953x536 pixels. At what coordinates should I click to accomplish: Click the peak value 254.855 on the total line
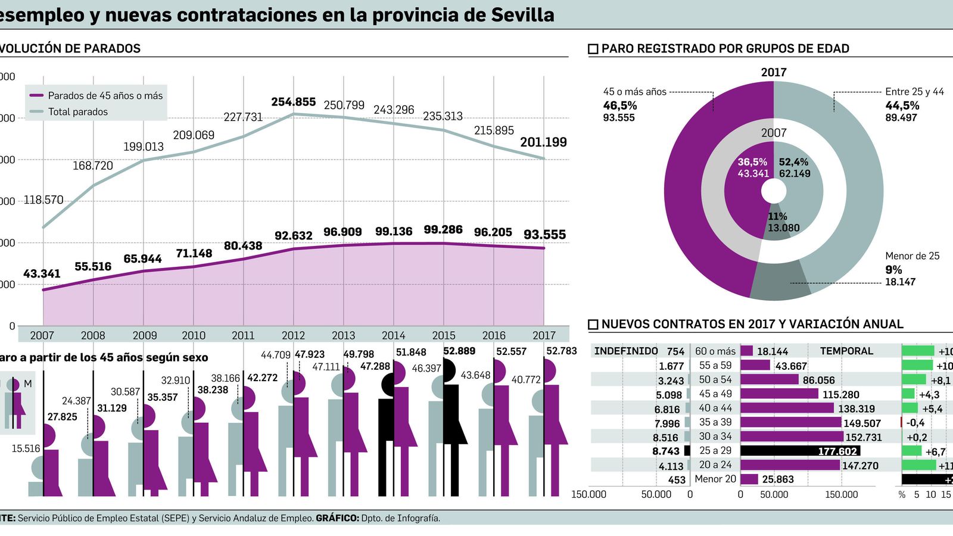[x=293, y=102]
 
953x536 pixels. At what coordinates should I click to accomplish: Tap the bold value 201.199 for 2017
[x=543, y=142]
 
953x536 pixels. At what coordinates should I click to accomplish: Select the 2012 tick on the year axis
[x=293, y=335]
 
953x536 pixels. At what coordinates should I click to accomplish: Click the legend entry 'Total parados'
[x=77, y=111]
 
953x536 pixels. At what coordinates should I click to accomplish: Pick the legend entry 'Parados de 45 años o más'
[x=105, y=95]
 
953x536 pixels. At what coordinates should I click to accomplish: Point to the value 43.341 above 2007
[x=42, y=274]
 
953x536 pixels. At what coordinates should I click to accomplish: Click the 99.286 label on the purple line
[x=443, y=230]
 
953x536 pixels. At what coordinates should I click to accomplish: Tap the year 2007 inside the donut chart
[x=773, y=133]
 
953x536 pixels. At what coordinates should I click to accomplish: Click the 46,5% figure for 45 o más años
[x=619, y=105]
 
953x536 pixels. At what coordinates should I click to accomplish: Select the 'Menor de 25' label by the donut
[x=912, y=256]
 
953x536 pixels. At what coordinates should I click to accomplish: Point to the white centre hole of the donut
[x=773, y=191]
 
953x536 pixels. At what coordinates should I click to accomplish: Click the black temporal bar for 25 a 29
[x=800, y=451]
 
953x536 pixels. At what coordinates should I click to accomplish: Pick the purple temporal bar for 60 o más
[x=747, y=351]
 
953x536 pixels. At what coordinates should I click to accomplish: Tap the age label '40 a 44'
[x=715, y=408]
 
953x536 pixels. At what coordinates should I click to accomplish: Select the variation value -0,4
[x=915, y=423]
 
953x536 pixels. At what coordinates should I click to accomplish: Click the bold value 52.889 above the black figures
[x=459, y=351]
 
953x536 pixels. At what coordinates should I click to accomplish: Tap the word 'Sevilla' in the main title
[x=522, y=14]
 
